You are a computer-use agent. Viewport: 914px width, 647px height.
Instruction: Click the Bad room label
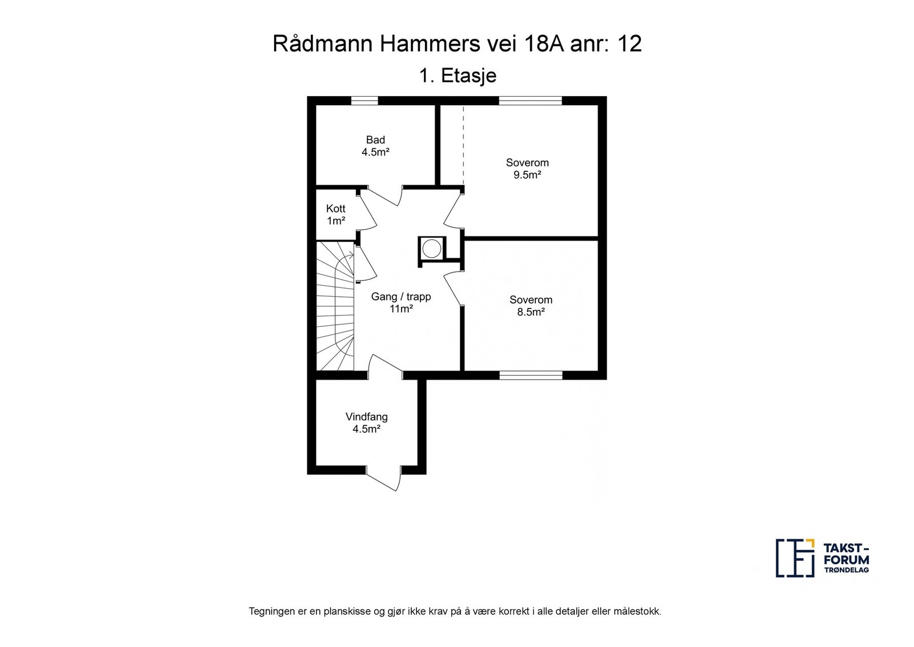(x=375, y=140)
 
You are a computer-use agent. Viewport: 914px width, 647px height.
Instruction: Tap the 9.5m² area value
(x=527, y=175)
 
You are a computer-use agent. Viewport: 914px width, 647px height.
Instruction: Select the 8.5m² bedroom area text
(x=531, y=312)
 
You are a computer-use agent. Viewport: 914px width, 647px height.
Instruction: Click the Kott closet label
(x=336, y=209)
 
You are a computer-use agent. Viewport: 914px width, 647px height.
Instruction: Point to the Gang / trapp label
(x=400, y=297)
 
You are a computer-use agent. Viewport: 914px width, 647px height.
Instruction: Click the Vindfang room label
(x=366, y=417)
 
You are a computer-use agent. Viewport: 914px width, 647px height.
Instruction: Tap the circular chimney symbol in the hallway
(x=432, y=249)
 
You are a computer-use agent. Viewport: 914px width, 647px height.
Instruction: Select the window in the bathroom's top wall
(x=364, y=101)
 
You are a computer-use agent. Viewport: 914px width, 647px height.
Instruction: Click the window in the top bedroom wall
(x=531, y=101)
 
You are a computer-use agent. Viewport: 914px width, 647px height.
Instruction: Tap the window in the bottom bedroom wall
(x=531, y=375)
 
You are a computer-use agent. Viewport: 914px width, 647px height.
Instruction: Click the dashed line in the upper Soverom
(x=463, y=145)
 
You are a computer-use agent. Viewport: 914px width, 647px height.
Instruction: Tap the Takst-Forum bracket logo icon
(x=795, y=558)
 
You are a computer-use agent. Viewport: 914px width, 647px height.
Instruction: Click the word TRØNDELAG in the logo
(x=845, y=570)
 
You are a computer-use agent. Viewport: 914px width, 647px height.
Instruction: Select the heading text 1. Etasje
(x=458, y=76)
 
